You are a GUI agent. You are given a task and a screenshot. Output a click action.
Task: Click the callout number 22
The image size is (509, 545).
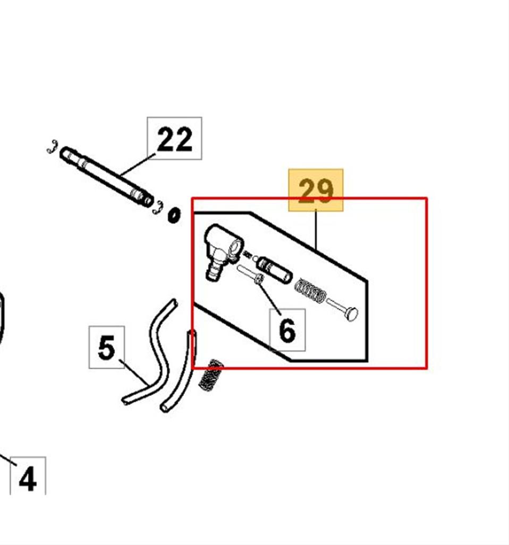pos(174,139)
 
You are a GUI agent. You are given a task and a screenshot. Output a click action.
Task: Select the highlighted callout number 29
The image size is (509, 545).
pos(316,190)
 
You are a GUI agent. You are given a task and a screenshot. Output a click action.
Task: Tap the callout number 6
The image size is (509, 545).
pos(287,330)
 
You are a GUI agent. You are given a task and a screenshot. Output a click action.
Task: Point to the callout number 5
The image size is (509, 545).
pos(106,347)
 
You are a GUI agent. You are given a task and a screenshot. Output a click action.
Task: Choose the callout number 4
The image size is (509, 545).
pos(28,479)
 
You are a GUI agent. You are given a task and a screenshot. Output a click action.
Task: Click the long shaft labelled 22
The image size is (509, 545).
pos(106,177)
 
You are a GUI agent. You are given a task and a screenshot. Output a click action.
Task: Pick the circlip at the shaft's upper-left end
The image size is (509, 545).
pos(53,146)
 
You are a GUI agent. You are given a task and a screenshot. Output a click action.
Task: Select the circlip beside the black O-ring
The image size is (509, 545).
pos(158,208)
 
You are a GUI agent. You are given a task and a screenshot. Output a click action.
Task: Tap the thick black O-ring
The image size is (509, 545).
pos(174,216)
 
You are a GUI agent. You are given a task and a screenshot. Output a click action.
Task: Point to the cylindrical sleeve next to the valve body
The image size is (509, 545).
pos(274,270)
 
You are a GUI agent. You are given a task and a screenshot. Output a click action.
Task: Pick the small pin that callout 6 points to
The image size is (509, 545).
pos(250,275)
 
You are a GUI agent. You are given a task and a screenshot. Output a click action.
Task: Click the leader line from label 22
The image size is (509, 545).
pos(138,165)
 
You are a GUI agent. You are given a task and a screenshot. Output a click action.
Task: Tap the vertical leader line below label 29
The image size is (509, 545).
pos(316,230)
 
